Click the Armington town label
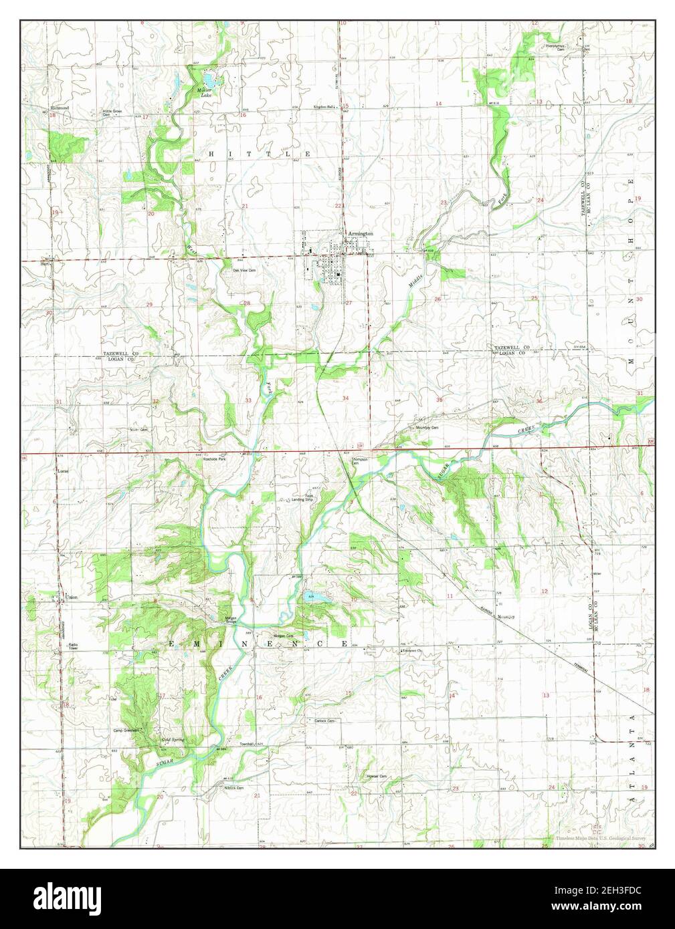(x=360, y=233)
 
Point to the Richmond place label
(x=60, y=108)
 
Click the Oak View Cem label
(x=244, y=270)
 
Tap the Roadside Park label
(x=215, y=459)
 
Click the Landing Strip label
(x=302, y=497)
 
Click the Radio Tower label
(x=73, y=646)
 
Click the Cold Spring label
(x=173, y=740)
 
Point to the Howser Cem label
(x=377, y=776)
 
